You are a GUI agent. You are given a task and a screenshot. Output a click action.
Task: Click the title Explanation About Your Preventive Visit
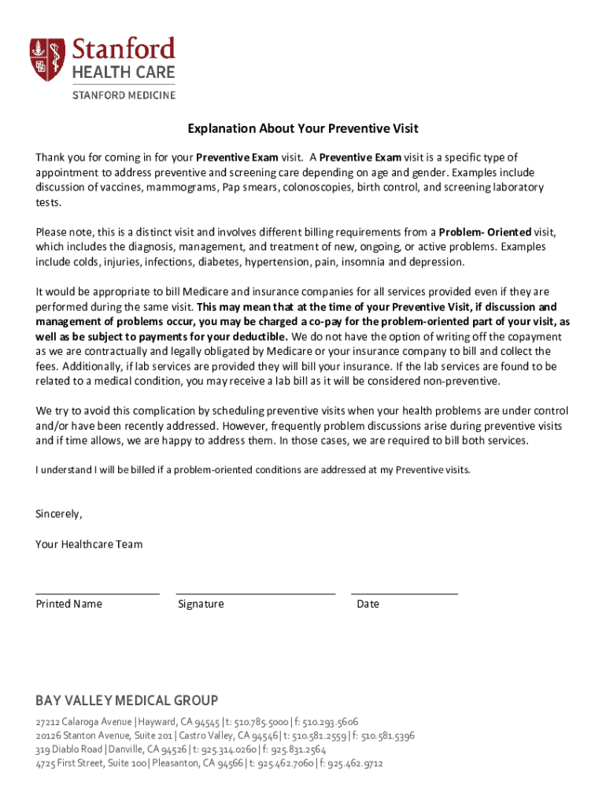pos(302,128)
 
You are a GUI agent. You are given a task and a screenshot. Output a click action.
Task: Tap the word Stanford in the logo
pos(124,49)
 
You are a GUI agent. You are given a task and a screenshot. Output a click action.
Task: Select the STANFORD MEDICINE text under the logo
pos(124,94)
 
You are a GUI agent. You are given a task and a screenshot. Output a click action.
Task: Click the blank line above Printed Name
pos(98,593)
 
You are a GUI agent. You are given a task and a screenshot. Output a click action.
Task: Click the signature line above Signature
pos(256,593)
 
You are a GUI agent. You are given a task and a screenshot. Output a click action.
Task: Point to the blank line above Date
pos(405,593)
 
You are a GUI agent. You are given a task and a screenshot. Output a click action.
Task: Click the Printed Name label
pos(69,604)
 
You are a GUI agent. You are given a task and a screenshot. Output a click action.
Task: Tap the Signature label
pos(201,604)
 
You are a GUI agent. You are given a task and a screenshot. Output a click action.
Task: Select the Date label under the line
pos(368,604)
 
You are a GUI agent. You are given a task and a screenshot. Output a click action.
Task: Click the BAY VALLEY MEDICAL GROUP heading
pos(127,701)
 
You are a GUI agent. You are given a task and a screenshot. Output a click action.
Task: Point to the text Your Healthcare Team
pos(89,544)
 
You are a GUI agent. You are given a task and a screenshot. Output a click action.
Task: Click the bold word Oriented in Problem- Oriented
pos(509,232)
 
